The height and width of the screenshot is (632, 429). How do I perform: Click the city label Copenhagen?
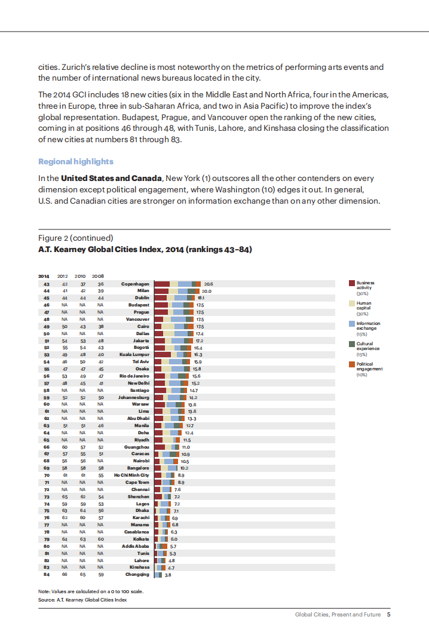click(x=135, y=284)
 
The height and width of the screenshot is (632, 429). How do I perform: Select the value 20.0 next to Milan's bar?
click(x=207, y=291)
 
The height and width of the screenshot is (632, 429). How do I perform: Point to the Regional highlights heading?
click(x=75, y=162)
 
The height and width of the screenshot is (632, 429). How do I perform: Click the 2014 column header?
click(x=44, y=276)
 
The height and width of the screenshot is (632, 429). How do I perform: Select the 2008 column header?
click(x=98, y=276)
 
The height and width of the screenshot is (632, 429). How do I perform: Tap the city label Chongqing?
click(x=137, y=575)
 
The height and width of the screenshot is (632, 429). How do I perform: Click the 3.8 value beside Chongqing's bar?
click(x=168, y=575)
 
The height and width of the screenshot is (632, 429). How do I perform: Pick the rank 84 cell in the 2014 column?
click(x=46, y=575)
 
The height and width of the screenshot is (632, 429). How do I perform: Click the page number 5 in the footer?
click(x=388, y=614)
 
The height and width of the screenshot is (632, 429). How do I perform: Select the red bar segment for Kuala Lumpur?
click(x=162, y=355)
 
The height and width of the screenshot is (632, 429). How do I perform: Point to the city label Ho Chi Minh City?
click(x=131, y=475)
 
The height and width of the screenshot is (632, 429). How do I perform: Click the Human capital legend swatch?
click(x=352, y=303)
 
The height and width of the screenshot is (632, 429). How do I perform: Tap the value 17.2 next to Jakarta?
click(x=200, y=340)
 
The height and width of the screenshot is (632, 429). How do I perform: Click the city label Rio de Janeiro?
click(x=134, y=376)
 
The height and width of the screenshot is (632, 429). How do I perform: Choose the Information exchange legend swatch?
click(x=352, y=323)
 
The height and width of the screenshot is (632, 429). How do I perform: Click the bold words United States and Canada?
click(x=111, y=178)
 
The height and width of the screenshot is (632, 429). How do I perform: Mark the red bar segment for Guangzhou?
click(x=159, y=447)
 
